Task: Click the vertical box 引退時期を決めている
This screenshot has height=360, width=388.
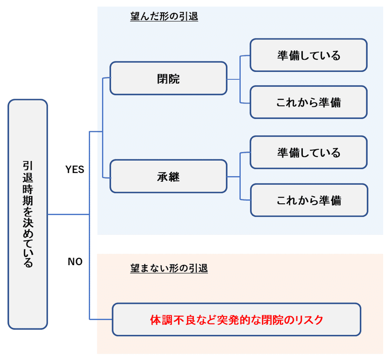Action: pyautogui.click(x=28, y=214)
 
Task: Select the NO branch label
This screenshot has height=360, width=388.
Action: pyautogui.click(x=75, y=262)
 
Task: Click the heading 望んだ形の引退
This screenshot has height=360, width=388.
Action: pyautogui.click(x=164, y=17)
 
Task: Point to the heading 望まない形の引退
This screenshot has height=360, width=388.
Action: pyautogui.click(x=169, y=268)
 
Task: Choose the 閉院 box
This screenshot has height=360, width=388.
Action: pyautogui.click(x=168, y=79)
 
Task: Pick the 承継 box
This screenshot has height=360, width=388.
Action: pyautogui.click(x=168, y=176)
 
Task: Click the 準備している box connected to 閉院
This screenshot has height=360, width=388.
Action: pyautogui.click(x=308, y=55)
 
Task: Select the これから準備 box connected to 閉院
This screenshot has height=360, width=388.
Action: pyautogui.click(x=308, y=102)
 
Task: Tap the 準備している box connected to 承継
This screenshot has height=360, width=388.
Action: pyautogui.click(x=308, y=153)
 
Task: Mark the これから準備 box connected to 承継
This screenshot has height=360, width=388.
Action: pyautogui.click(x=308, y=200)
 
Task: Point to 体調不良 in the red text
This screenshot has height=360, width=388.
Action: pyautogui.click(x=171, y=320)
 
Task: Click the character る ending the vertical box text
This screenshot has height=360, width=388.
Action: pyautogui.click(x=28, y=263)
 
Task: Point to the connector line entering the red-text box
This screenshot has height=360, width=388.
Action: pyautogui.click(x=101, y=319)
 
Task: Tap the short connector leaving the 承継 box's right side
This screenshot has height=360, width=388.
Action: pyautogui.click(x=233, y=176)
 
